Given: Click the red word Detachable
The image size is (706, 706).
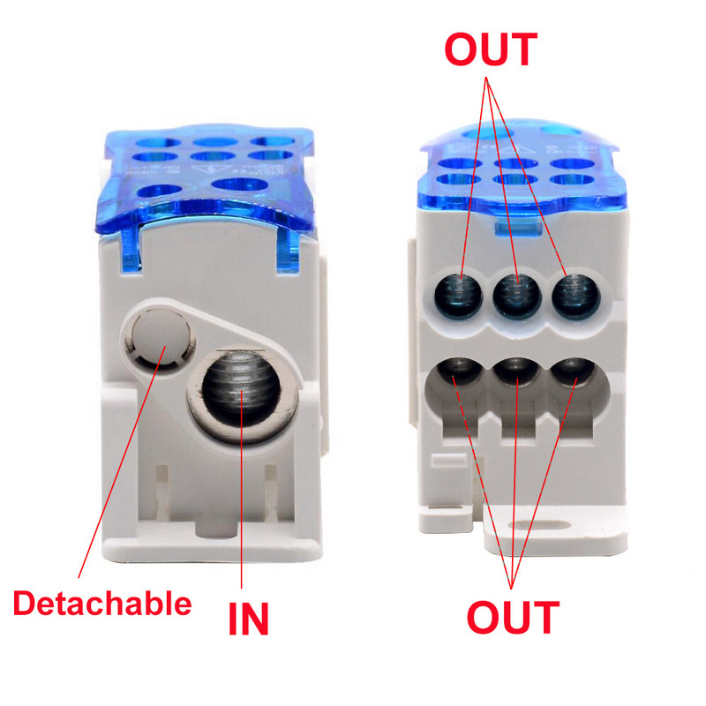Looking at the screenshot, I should tap(101, 604).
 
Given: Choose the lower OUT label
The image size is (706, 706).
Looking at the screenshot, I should tap(513, 617).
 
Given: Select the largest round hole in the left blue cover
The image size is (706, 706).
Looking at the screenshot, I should tap(238, 184).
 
